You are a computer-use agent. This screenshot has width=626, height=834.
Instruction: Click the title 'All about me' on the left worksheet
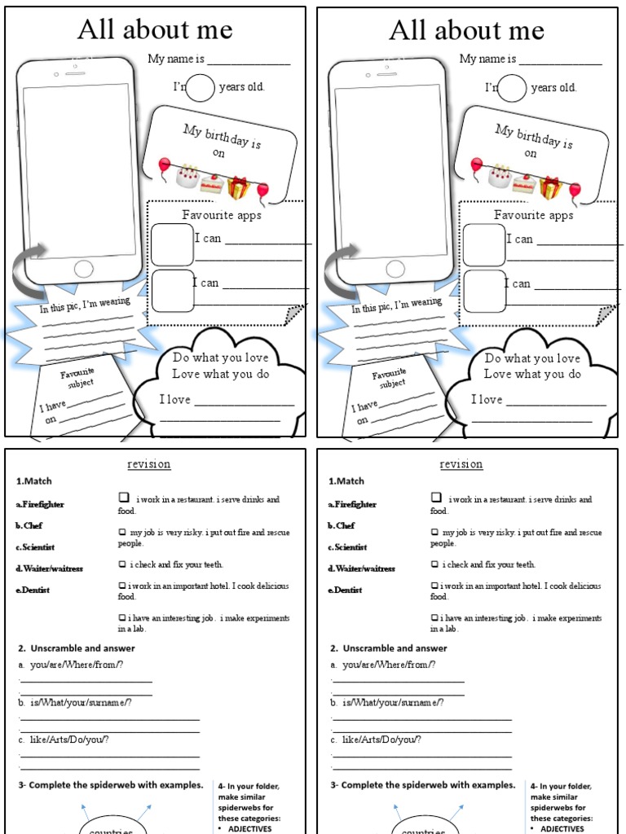click(155, 31)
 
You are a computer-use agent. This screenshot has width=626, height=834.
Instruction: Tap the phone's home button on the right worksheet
click(396, 269)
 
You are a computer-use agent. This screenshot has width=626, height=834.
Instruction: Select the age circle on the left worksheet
click(200, 87)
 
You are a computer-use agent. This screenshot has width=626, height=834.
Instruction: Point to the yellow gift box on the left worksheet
click(239, 188)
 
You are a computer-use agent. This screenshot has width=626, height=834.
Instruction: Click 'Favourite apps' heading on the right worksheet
click(533, 215)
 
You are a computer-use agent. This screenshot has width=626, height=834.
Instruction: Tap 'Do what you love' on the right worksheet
click(532, 358)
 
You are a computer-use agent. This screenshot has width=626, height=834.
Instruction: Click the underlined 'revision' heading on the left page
click(148, 464)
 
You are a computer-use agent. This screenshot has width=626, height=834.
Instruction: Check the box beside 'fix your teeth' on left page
click(122, 564)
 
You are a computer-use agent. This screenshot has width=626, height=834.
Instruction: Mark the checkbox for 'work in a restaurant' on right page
click(436, 498)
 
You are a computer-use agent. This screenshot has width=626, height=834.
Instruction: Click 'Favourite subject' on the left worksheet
click(77, 377)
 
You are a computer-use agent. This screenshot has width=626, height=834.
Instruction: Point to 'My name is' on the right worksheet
click(487, 59)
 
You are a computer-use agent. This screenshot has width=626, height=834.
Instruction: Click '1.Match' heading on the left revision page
click(33, 481)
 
